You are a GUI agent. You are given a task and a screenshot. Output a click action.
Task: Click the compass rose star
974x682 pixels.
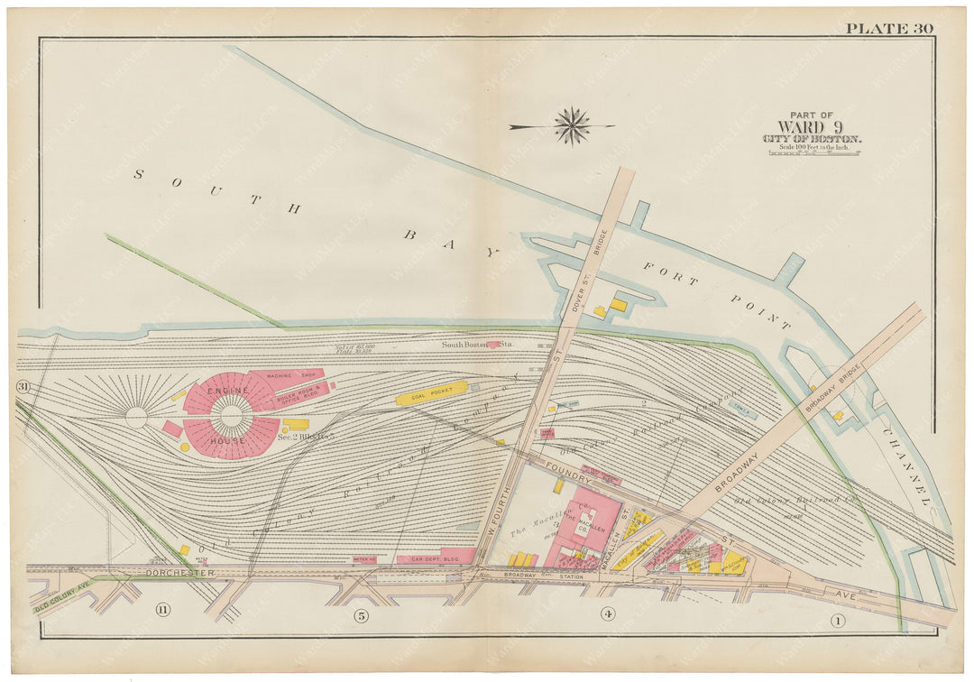pyautogui.click(x=572, y=125)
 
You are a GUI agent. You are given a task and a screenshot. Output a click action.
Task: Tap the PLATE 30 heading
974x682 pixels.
pyautogui.click(x=888, y=28)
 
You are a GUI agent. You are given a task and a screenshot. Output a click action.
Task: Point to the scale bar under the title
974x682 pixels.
pyautogui.click(x=813, y=152)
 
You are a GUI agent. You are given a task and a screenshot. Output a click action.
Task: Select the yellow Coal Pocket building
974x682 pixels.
pyautogui.click(x=432, y=393)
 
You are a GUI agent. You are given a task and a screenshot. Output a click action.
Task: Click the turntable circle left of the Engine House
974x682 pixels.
pyautogui.click(x=136, y=417)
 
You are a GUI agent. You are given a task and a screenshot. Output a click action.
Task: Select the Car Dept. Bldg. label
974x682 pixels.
pyautogui.click(x=435, y=559)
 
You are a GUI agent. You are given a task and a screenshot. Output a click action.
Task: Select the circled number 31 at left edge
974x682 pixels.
pyautogui.click(x=22, y=387)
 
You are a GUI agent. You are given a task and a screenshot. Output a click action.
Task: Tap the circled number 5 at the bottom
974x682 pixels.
pyautogui.click(x=362, y=616)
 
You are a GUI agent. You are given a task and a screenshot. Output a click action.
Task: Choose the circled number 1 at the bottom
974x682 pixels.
pyautogui.click(x=838, y=620)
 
